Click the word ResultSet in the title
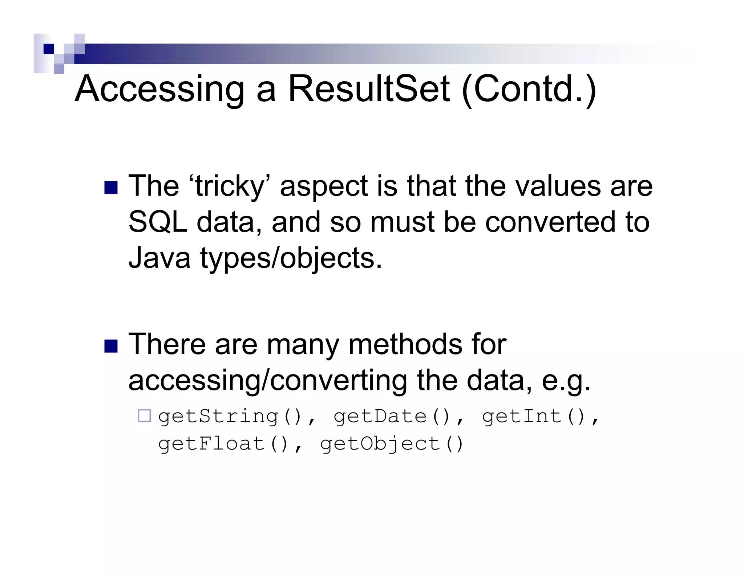[x=368, y=89]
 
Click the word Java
[x=159, y=258]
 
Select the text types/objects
[x=291, y=258]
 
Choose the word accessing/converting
[x=268, y=381]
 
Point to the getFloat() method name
[x=223, y=444]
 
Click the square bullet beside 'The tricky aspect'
[x=111, y=188]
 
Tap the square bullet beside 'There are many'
[x=111, y=346]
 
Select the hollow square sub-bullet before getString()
[x=145, y=416]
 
